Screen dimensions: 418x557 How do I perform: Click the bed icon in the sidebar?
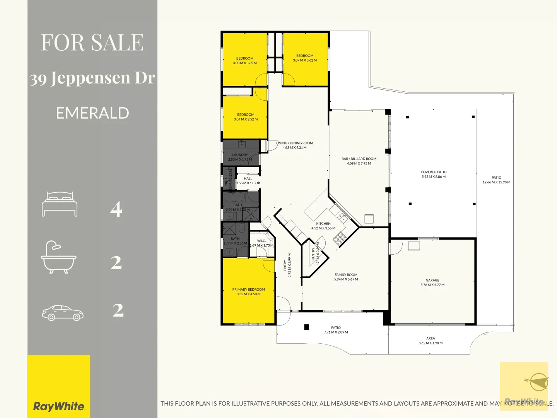[x=60, y=204]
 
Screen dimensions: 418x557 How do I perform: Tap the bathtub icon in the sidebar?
[x=59, y=257]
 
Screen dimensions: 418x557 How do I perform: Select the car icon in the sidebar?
[x=63, y=313]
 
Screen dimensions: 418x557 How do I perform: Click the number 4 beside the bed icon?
[x=116, y=209]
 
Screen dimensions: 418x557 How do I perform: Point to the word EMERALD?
[x=92, y=113]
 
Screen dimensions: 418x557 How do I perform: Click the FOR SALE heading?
[x=92, y=42]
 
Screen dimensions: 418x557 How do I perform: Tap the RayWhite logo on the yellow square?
[x=59, y=406]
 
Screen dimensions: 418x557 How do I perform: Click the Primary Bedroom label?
[x=248, y=290]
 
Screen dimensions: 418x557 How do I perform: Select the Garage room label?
[x=432, y=280]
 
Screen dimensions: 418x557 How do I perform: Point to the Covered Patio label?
[x=434, y=172]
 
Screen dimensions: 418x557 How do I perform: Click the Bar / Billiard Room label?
[x=359, y=159]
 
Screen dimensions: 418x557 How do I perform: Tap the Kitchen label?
[x=323, y=224]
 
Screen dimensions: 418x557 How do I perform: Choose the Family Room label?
[x=346, y=275]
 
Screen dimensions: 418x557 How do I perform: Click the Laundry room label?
[x=240, y=155]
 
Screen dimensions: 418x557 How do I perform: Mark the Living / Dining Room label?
[x=295, y=143]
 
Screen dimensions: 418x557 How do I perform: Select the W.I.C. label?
[x=261, y=241]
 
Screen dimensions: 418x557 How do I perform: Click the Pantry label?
[x=313, y=254]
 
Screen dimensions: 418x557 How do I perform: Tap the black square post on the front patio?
[x=307, y=327]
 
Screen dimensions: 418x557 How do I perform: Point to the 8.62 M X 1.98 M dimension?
[x=431, y=343]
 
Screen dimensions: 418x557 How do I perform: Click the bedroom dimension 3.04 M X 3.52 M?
[x=246, y=119]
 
